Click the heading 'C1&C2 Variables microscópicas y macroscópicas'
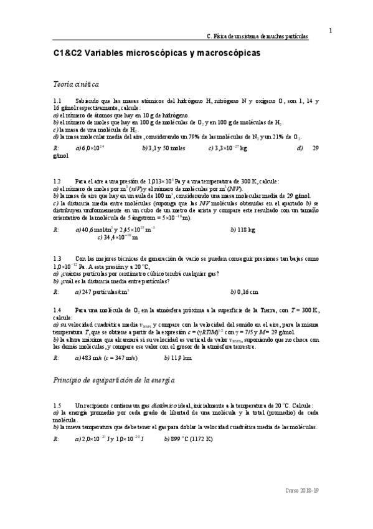[156, 54]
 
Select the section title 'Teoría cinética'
[76, 84]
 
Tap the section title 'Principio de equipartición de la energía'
[115, 380]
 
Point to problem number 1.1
[57, 100]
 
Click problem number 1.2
[57, 180]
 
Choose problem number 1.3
[57, 258]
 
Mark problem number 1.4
[57, 310]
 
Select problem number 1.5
[57, 405]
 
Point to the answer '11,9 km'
[181, 358]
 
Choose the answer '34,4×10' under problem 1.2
[121, 238]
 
